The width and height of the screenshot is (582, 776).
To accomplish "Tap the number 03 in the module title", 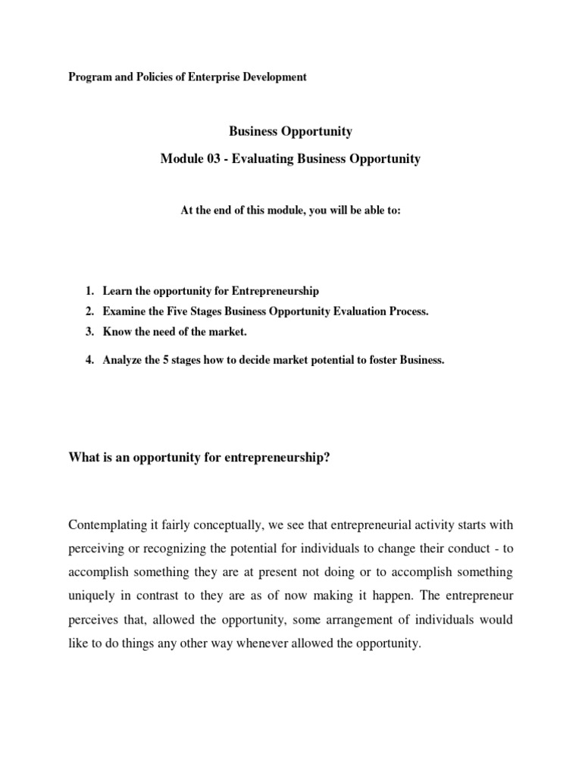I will [216, 160].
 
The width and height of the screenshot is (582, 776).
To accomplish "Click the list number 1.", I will [89, 292].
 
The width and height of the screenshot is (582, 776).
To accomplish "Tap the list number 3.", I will [89, 333].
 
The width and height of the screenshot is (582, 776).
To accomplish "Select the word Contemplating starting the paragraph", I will [111, 525].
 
